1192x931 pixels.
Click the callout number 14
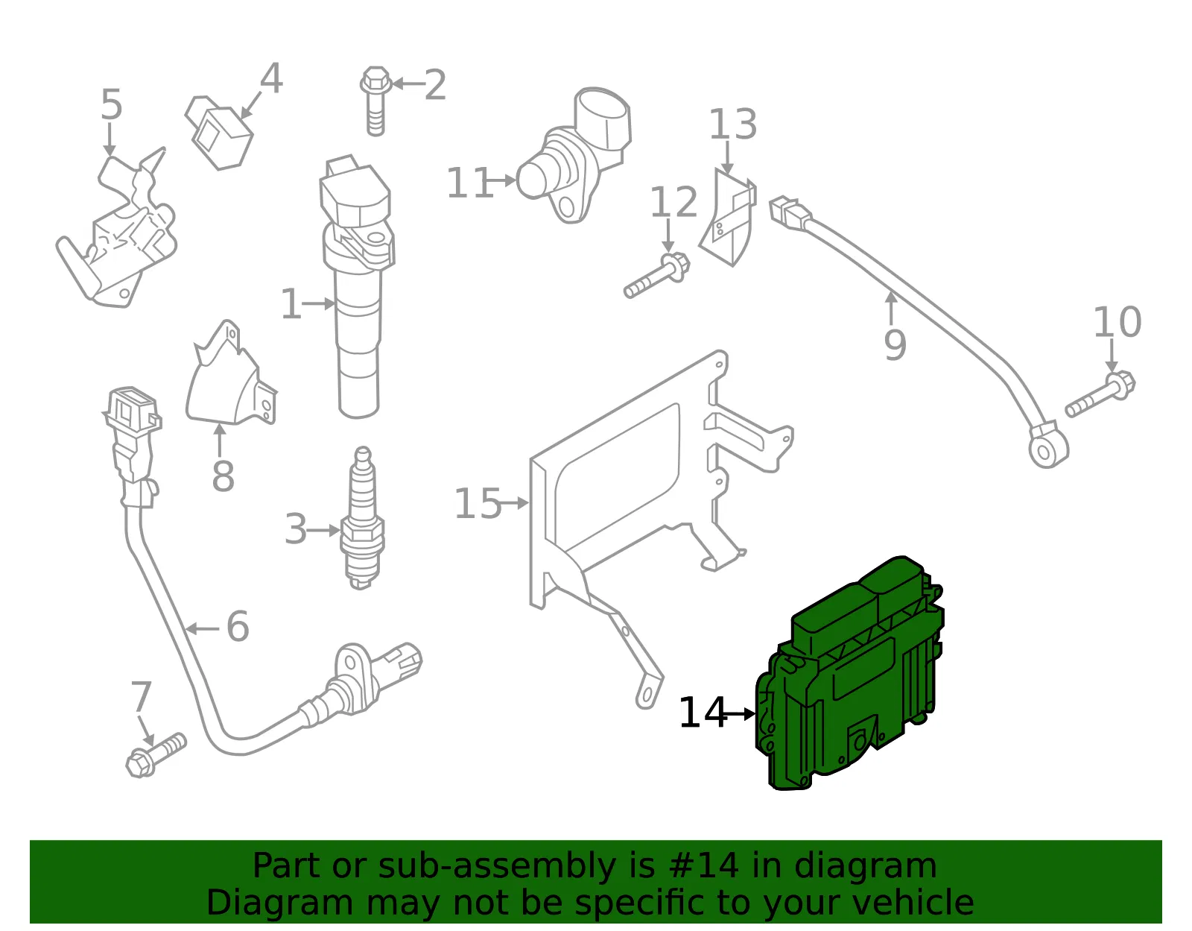(702, 713)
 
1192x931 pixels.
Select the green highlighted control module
(849, 674)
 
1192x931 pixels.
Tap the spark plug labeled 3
(362, 518)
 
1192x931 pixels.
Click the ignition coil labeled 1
(358, 285)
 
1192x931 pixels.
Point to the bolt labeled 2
(375, 101)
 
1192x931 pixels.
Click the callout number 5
(111, 104)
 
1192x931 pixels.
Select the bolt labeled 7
(156, 755)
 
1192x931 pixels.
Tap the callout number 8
(223, 476)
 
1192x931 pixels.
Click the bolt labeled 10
(1100, 394)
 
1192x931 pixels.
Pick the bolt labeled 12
(657, 275)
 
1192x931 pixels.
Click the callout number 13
(733, 124)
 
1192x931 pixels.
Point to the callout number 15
(478, 503)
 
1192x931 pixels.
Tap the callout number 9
(895, 344)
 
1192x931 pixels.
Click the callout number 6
(238, 627)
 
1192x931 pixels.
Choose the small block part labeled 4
(218, 133)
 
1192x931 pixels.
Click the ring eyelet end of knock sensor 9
(1048, 446)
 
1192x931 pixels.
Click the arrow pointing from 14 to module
(738, 714)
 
